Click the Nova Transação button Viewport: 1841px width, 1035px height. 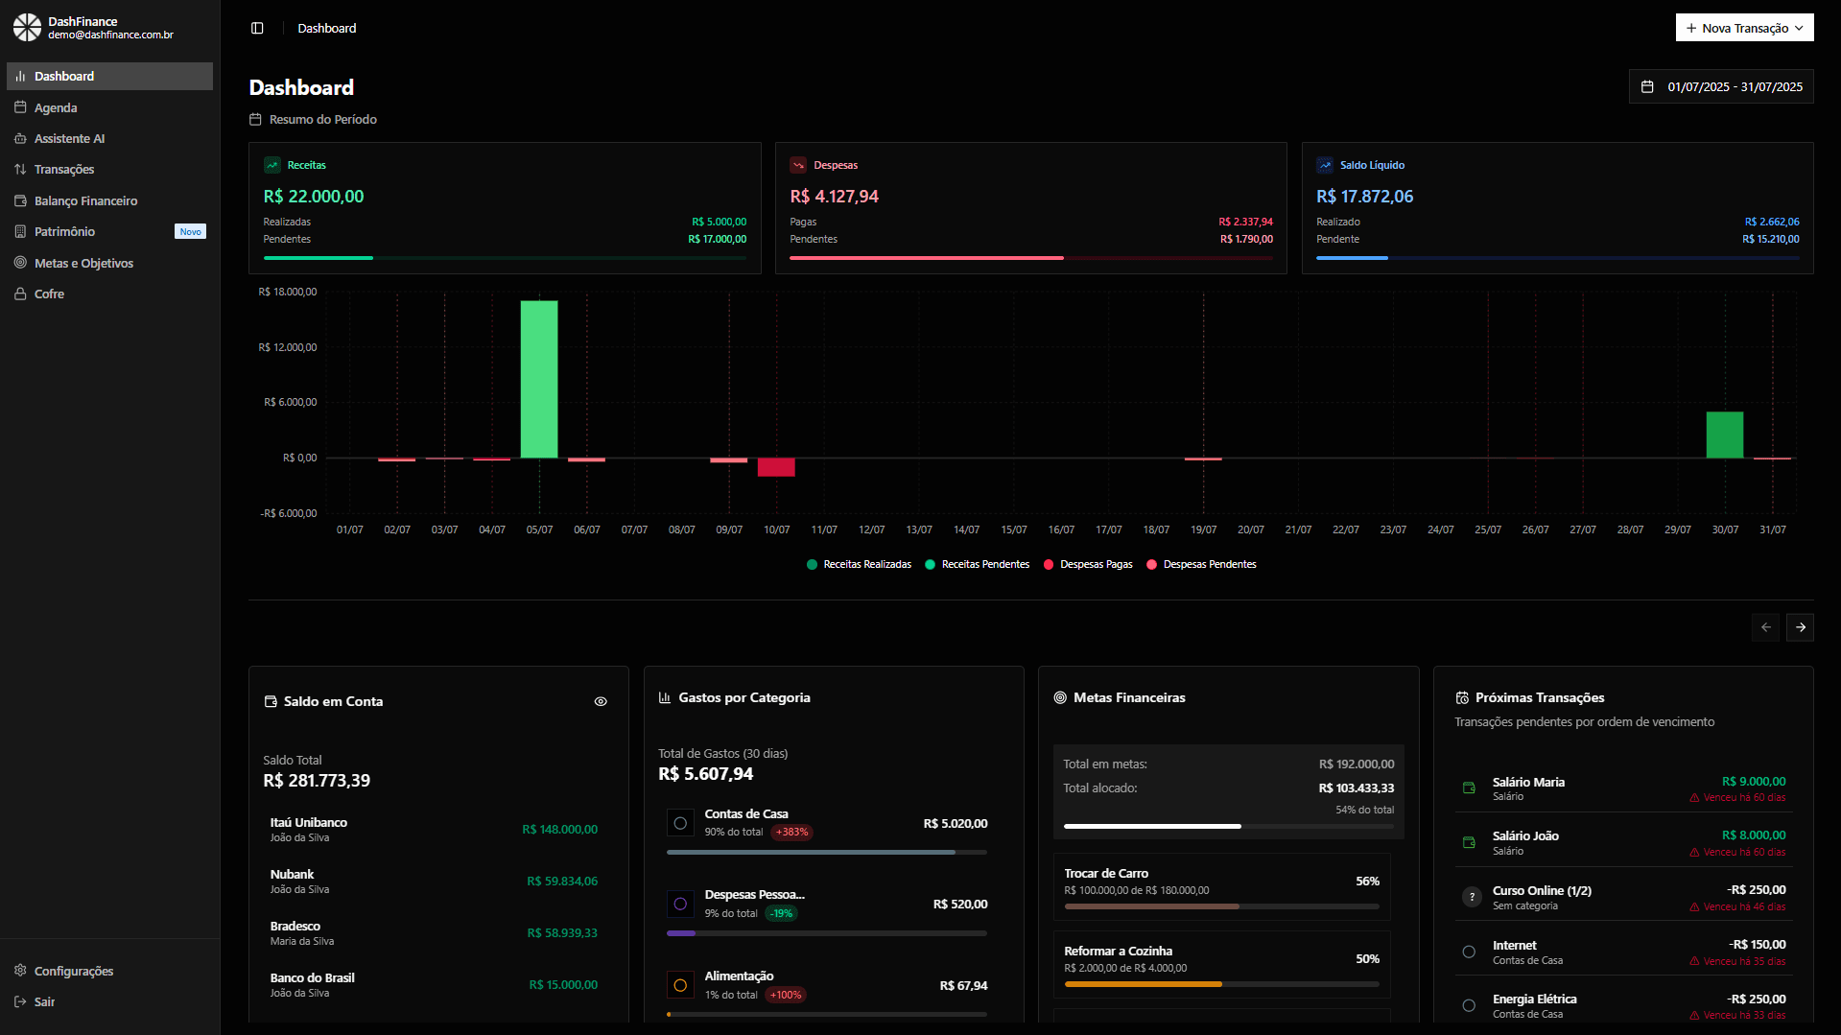tap(1743, 28)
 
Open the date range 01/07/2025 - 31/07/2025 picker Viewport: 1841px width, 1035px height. tap(1721, 86)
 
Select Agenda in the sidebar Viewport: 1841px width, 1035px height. tap(56, 107)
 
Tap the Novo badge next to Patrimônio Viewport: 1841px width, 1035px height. tap(190, 232)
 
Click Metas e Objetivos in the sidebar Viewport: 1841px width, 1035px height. tap(83, 263)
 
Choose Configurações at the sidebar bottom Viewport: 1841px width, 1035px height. tap(73, 971)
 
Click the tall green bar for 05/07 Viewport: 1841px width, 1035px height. tap(539, 379)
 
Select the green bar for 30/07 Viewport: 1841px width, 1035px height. tap(1724, 435)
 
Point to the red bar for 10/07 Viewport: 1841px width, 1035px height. tap(776, 467)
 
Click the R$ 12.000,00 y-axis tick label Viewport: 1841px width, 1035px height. tap(287, 347)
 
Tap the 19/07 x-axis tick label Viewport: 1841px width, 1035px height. tap(1203, 529)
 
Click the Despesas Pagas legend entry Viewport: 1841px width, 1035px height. tap(1095, 564)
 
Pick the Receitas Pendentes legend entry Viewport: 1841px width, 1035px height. tap(984, 564)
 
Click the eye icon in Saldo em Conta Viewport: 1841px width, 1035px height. tap(601, 701)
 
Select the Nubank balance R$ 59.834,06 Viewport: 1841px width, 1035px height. tap(561, 881)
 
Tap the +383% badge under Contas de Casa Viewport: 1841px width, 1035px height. tap(791, 833)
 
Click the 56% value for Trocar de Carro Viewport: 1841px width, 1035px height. tap(1367, 881)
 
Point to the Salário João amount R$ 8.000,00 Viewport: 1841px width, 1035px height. tap(1753, 835)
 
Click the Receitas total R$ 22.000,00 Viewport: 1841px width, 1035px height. tap(314, 197)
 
